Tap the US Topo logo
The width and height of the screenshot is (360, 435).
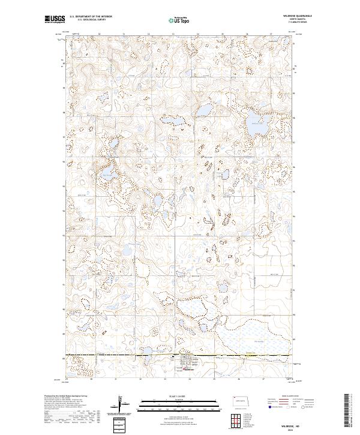pos(180,20)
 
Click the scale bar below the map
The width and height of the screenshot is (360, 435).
pos(180,402)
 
